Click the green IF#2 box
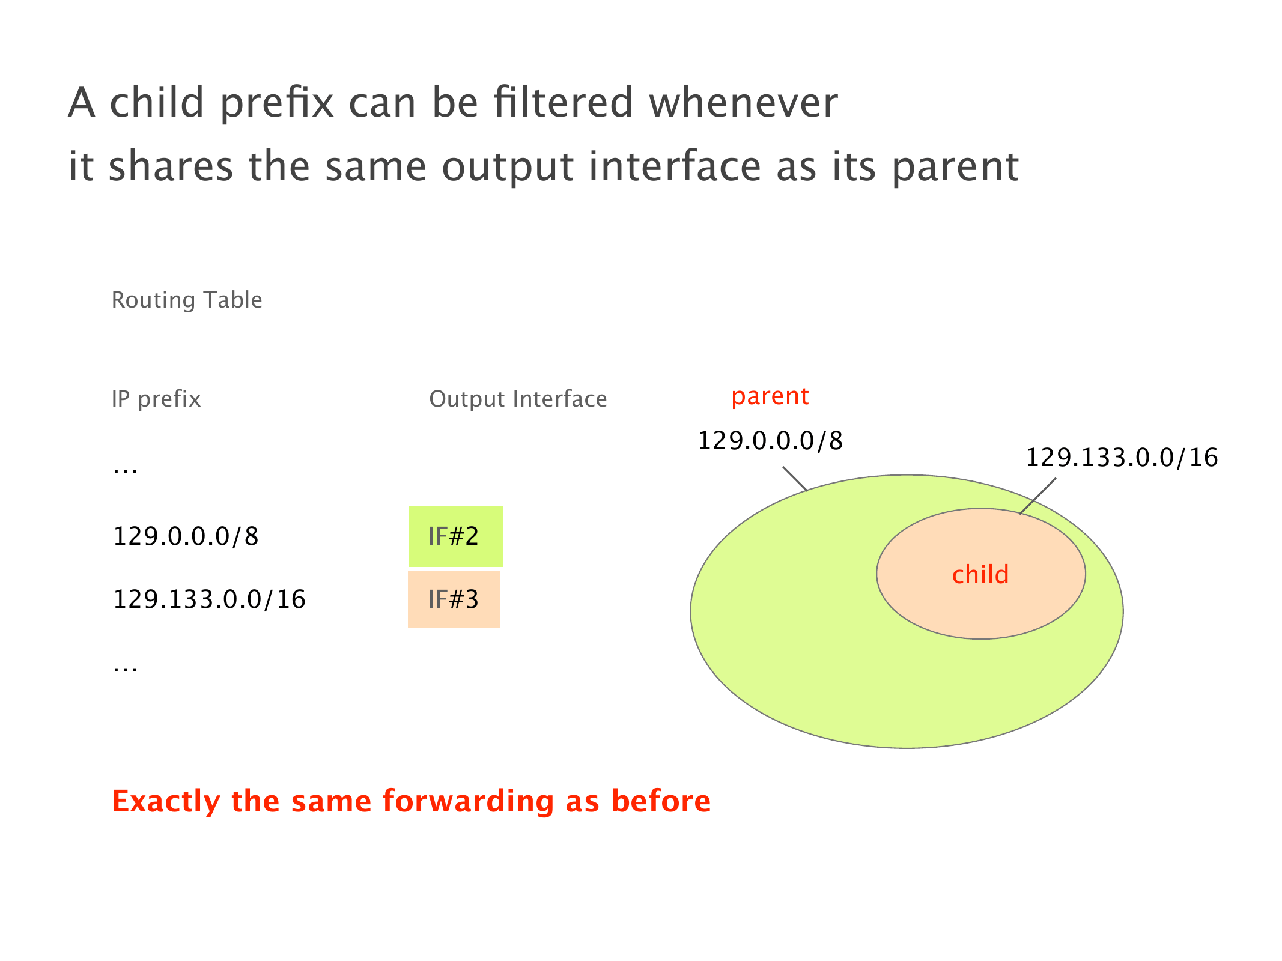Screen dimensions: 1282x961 coord(456,536)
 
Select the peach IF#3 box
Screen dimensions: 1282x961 coord(454,599)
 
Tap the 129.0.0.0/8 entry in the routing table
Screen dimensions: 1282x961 coord(186,536)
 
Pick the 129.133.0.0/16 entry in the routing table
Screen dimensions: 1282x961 coord(209,599)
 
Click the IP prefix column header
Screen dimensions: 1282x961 coord(156,399)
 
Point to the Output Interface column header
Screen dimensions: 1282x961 coord(518,399)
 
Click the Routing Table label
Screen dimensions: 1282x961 coord(187,300)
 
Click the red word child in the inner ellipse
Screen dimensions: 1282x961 coord(980,575)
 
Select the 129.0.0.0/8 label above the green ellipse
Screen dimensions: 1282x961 coord(770,441)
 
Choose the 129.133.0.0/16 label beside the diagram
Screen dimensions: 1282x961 coord(1122,458)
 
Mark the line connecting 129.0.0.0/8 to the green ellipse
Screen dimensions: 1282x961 coord(795,479)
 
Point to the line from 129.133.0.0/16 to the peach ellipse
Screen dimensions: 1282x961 coord(1037,496)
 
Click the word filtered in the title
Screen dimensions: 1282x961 coord(564,102)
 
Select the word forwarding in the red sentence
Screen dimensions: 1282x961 coord(468,802)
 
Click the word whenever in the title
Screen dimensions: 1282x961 coord(743,102)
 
